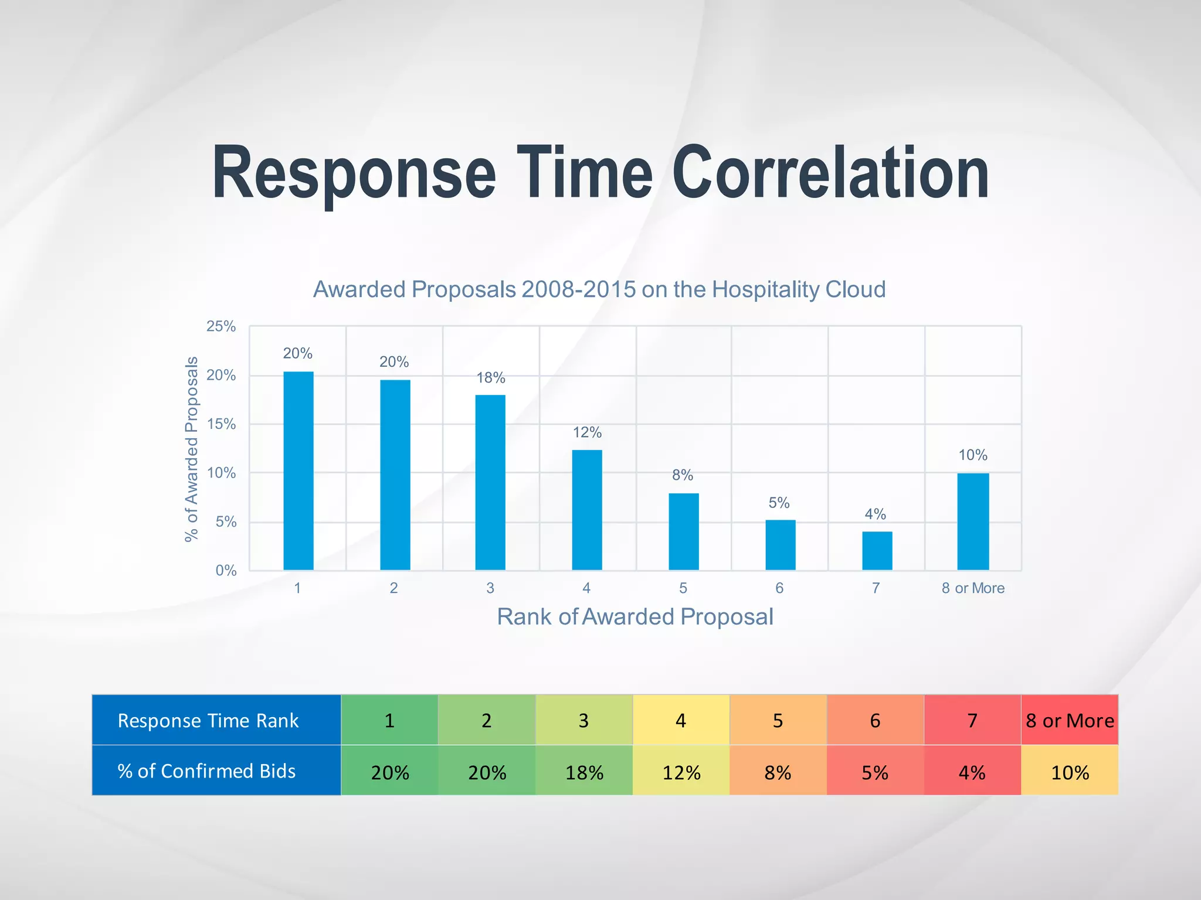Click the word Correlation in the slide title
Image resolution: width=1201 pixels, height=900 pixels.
830,173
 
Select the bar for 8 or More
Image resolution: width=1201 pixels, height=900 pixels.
973,521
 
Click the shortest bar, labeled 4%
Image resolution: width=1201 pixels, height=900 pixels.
877,551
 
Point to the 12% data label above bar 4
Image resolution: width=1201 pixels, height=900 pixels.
587,432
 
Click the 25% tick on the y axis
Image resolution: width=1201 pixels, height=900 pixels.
221,326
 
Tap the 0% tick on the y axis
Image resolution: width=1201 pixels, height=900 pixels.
226,570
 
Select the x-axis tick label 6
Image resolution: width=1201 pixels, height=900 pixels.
779,588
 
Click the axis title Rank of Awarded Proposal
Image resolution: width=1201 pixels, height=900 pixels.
635,616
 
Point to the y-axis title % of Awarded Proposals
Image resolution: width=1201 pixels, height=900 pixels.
191,449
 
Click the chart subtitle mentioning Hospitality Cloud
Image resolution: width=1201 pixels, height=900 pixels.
599,289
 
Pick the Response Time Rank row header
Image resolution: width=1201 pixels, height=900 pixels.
208,720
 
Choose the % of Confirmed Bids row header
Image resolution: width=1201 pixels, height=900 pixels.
206,771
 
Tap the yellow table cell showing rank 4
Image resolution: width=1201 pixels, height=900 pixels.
681,720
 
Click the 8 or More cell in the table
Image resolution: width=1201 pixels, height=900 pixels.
1070,720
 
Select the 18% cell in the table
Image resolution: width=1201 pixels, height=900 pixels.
584,772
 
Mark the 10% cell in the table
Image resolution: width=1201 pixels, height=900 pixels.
1070,772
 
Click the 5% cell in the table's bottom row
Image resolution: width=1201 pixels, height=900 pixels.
875,772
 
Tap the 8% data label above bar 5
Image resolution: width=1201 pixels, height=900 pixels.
683,475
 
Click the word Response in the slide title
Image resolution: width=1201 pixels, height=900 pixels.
354,173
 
